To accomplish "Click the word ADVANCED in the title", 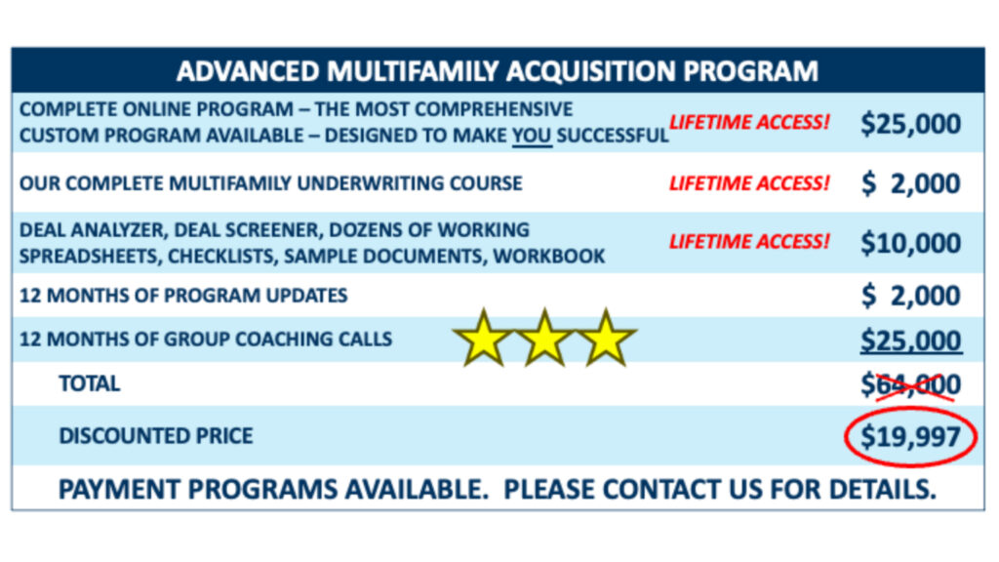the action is (x=247, y=70).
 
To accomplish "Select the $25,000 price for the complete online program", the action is (x=910, y=123).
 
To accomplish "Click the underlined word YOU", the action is (x=532, y=136).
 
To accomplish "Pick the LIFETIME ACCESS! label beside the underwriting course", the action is (x=749, y=182).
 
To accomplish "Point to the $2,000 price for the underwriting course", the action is (x=910, y=183).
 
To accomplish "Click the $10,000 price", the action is (x=910, y=243).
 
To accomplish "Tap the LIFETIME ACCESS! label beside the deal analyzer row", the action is (x=749, y=242).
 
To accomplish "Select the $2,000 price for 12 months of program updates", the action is (x=910, y=296).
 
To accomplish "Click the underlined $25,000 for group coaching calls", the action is (x=911, y=341).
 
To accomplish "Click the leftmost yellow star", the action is (x=483, y=338).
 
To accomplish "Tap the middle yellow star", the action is (x=544, y=338).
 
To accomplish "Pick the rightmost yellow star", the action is (x=605, y=338).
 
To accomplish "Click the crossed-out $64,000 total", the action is (x=910, y=384).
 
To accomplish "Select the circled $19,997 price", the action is (x=910, y=437).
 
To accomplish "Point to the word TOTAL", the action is (x=89, y=383).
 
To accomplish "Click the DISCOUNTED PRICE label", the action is (x=155, y=436).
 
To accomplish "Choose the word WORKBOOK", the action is (x=549, y=257).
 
